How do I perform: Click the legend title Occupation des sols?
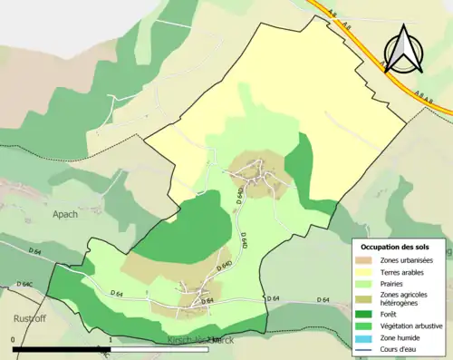coord(399,247)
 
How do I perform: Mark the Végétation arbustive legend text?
coord(410,326)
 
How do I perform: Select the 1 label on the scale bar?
coord(110,341)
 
